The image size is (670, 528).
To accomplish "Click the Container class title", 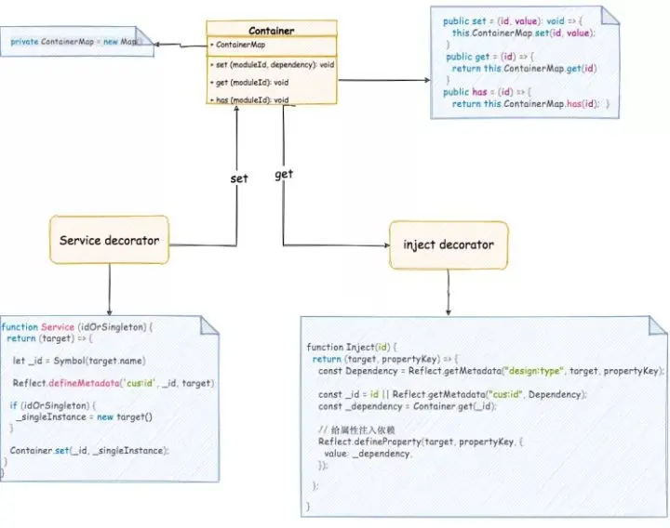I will click(x=271, y=31).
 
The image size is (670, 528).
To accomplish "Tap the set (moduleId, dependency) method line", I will click(x=272, y=65).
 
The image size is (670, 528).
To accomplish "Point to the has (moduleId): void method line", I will click(x=249, y=99).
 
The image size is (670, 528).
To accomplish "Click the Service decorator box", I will click(x=109, y=241).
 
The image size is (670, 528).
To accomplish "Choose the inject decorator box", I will click(x=449, y=245).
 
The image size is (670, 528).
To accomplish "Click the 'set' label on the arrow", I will click(x=238, y=178).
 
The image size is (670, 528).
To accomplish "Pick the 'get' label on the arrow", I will click(x=284, y=174).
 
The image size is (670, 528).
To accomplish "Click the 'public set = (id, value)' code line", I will click(x=517, y=20).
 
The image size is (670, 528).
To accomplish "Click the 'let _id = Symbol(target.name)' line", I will click(x=79, y=360).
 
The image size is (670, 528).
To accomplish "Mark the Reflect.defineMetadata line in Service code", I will click(x=114, y=383).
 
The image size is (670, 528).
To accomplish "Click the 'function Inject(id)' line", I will click(x=344, y=347).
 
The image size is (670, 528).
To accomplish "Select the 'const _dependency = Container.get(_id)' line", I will click(x=408, y=406).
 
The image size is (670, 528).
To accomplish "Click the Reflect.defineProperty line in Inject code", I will click(x=421, y=442).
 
